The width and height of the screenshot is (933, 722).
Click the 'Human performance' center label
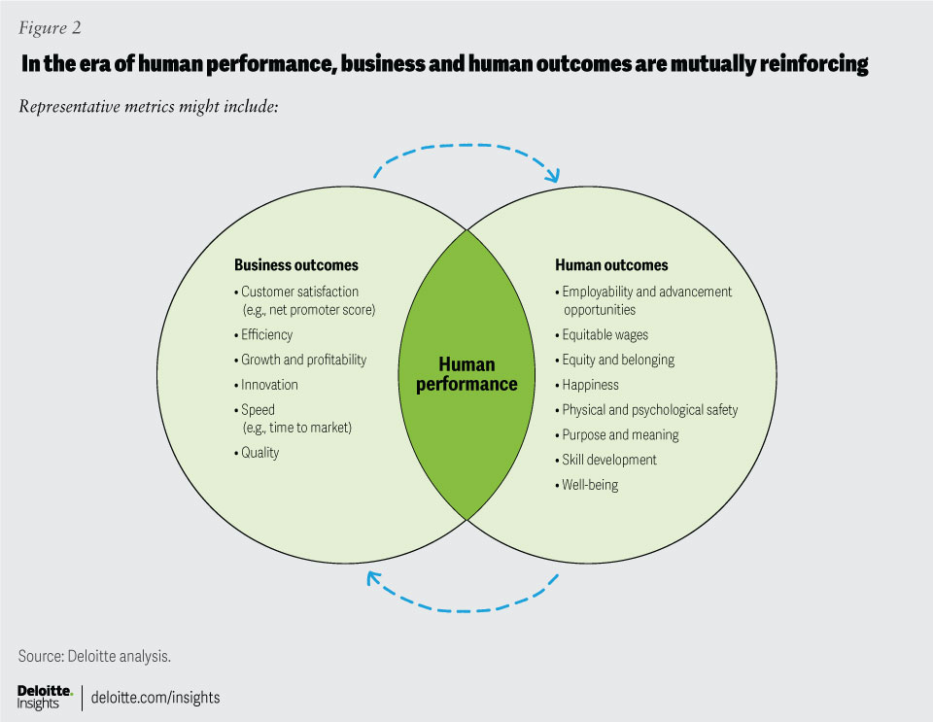pyautogui.click(x=466, y=374)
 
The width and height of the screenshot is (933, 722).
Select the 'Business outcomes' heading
pyautogui.click(x=296, y=265)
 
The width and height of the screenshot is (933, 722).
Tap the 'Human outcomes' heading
pyautogui.click(x=611, y=265)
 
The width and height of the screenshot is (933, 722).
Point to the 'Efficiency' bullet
pyautogui.click(x=266, y=334)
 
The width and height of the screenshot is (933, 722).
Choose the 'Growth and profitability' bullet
pyautogui.click(x=303, y=360)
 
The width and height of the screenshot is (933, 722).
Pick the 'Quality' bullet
pyautogui.click(x=259, y=453)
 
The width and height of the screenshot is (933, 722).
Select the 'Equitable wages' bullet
pyautogui.click(x=605, y=334)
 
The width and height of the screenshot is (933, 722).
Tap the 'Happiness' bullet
pyautogui.click(x=590, y=385)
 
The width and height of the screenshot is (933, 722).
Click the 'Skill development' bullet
pyautogui.click(x=609, y=460)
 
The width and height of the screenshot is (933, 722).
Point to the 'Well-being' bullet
pyautogui.click(x=590, y=484)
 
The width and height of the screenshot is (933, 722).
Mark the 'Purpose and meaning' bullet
pyautogui.click(x=620, y=434)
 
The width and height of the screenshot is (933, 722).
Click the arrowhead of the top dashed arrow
pyautogui.click(x=554, y=177)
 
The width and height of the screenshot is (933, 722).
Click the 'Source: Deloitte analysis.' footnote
pyautogui.click(x=95, y=656)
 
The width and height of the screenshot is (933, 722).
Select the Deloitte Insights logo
pyautogui.click(x=45, y=696)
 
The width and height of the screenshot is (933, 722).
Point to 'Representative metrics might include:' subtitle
pyautogui.click(x=150, y=106)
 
